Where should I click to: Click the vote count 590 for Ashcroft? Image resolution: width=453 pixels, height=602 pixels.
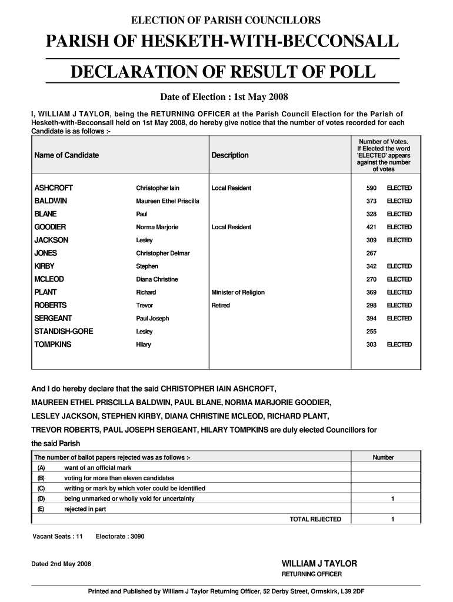click(x=371, y=188)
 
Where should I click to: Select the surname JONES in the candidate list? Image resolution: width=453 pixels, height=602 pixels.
click(x=46, y=253)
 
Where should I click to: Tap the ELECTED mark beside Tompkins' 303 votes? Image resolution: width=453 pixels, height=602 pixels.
click(x=399, y=345)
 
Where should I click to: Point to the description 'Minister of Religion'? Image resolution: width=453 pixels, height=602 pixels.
click(x=238, y=292)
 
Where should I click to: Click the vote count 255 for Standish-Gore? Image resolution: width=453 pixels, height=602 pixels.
click(x=371, y=332)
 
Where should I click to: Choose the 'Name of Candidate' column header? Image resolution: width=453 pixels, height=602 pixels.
click(x=66, y=155)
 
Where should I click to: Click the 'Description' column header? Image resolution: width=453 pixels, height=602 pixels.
click(x=230, y=155)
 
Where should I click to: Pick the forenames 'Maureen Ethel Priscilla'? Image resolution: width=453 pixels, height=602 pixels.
click(x=168, y=201)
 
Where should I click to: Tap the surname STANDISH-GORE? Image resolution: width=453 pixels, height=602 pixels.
click(x=64, y=332)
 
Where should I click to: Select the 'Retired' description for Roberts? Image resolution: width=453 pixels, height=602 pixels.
click(x=221, y=305)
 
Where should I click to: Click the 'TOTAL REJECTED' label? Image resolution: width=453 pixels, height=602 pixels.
click(x=315, y=519)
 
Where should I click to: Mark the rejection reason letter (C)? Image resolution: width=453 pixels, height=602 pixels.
click(x=41, y=489)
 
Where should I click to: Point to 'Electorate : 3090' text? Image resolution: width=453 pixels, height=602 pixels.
click(x=120, y=536)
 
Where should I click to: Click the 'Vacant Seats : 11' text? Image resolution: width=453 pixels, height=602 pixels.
click(x=58, y=536)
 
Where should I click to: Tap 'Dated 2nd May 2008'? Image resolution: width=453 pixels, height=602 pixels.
click(x=61, y=564)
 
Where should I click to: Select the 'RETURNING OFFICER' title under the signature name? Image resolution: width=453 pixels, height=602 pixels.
click(x=312, y=574)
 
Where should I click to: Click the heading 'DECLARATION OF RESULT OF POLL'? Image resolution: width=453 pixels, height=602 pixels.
click(x=222, y=72)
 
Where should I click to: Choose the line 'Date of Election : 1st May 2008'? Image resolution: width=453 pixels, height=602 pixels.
click(x=224, y=96)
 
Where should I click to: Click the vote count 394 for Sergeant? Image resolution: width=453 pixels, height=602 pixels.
click(x=371, y=319)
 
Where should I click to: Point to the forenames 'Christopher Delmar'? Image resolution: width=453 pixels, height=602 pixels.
click(x=163, y=253)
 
